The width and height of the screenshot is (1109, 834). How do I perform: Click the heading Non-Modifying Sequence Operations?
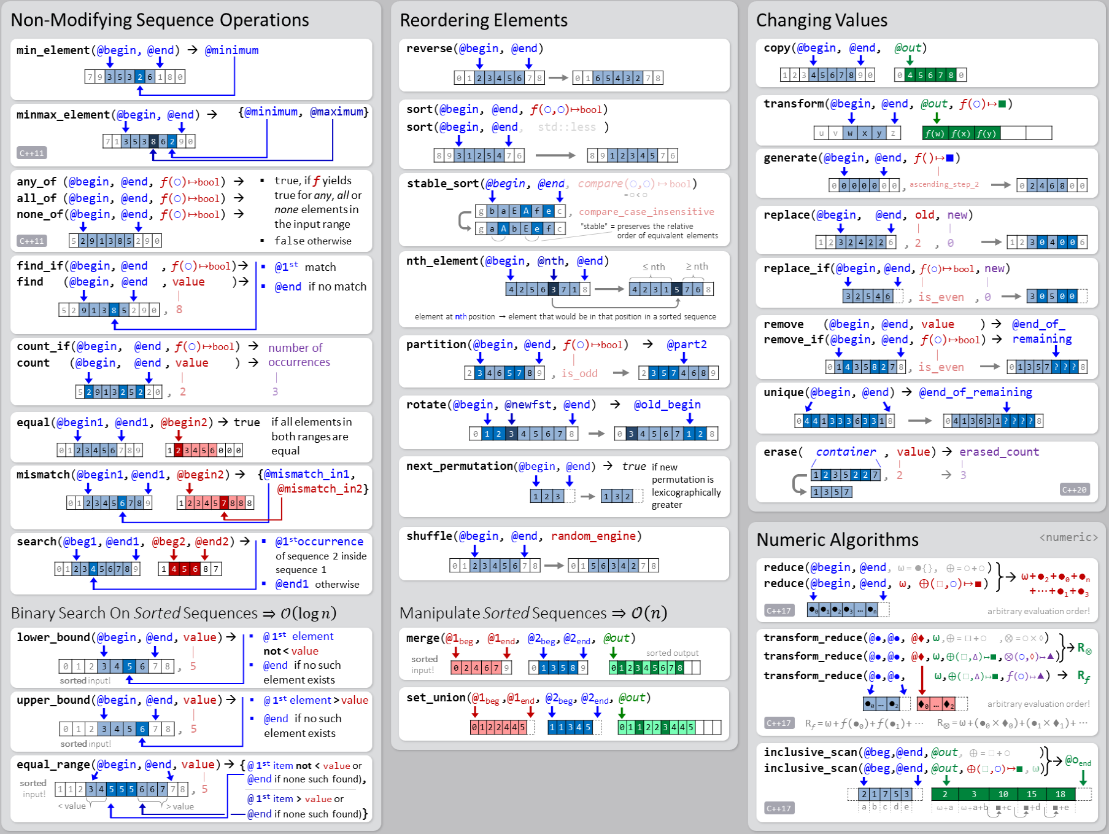pyautogui.click(x=160, y=20)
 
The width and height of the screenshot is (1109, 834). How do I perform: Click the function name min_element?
pyautogui.click(x=53, y=50)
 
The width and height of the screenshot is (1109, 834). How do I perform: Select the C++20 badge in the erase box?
pyautogui.click(x=1074, y=489)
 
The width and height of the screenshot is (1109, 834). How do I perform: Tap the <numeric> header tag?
pyautogui.click(x=1068, y=537)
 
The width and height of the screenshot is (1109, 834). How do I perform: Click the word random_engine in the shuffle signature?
pyautogui.click(x=593, y=536)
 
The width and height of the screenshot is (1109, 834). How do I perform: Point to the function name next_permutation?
pyautogui.click(x=459, y=466)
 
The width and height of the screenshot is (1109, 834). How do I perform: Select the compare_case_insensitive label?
pyautogui.click(x=646, y=212)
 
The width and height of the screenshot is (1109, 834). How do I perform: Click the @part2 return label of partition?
pyautogui.click(x=687, y=345)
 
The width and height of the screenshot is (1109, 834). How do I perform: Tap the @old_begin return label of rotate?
pyautogui.click(x=667, y=405)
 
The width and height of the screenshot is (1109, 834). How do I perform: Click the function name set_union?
pyautogui.click(x=436, y=698)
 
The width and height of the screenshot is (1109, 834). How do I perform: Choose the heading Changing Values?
pyautogui.click(x=821, y=20)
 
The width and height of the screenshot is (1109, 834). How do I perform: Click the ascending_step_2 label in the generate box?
pyautogui.click(x=944, y=184)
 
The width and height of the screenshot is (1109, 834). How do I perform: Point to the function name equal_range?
pyautogui.click(x=53, y=765)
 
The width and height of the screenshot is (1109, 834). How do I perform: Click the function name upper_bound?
pyautogui.click(x=53, y=700)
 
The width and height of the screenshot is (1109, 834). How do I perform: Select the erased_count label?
pyautogui.click(x=999, y=452)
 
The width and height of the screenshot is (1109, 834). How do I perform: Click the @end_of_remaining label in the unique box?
pyautogui.click(x=975, y=392)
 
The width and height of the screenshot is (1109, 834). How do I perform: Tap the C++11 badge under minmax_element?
pyautogui.click(x=32, y=153)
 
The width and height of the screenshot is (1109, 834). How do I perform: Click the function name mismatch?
pyautogui.click(x=43, y=475)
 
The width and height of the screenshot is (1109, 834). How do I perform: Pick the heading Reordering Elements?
pyautogui.click(x=483, y=20)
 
